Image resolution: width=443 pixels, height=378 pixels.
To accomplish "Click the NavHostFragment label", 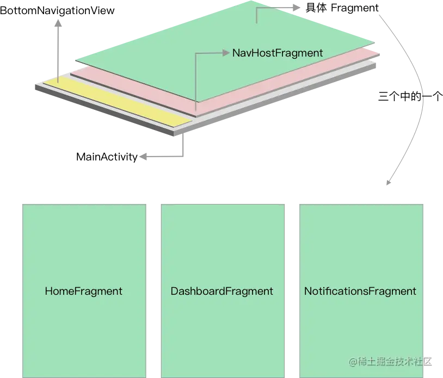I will [278, 53].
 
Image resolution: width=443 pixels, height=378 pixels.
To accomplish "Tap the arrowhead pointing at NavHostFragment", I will [226, 53].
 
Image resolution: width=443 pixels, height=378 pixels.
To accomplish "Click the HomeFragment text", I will [83, 291].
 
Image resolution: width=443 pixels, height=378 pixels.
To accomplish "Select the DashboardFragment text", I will [221, 291].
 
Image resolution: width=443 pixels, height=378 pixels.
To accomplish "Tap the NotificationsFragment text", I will [360, 291].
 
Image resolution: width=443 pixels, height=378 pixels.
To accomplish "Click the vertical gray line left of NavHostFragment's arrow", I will [196, 82].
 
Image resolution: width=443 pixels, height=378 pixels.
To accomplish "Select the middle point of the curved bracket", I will [423, 98].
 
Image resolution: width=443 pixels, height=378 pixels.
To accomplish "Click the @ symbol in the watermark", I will [353, 361].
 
